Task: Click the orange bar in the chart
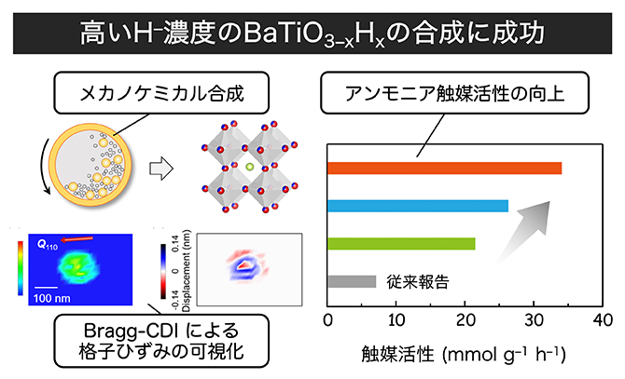click(445, 168)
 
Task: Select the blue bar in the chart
click(418, 206)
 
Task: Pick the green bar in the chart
click(401, 244)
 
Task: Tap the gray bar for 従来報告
click(352, 281)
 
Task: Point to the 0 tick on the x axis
click(328, 321)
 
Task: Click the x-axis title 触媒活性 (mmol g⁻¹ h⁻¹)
click(464, 354)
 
